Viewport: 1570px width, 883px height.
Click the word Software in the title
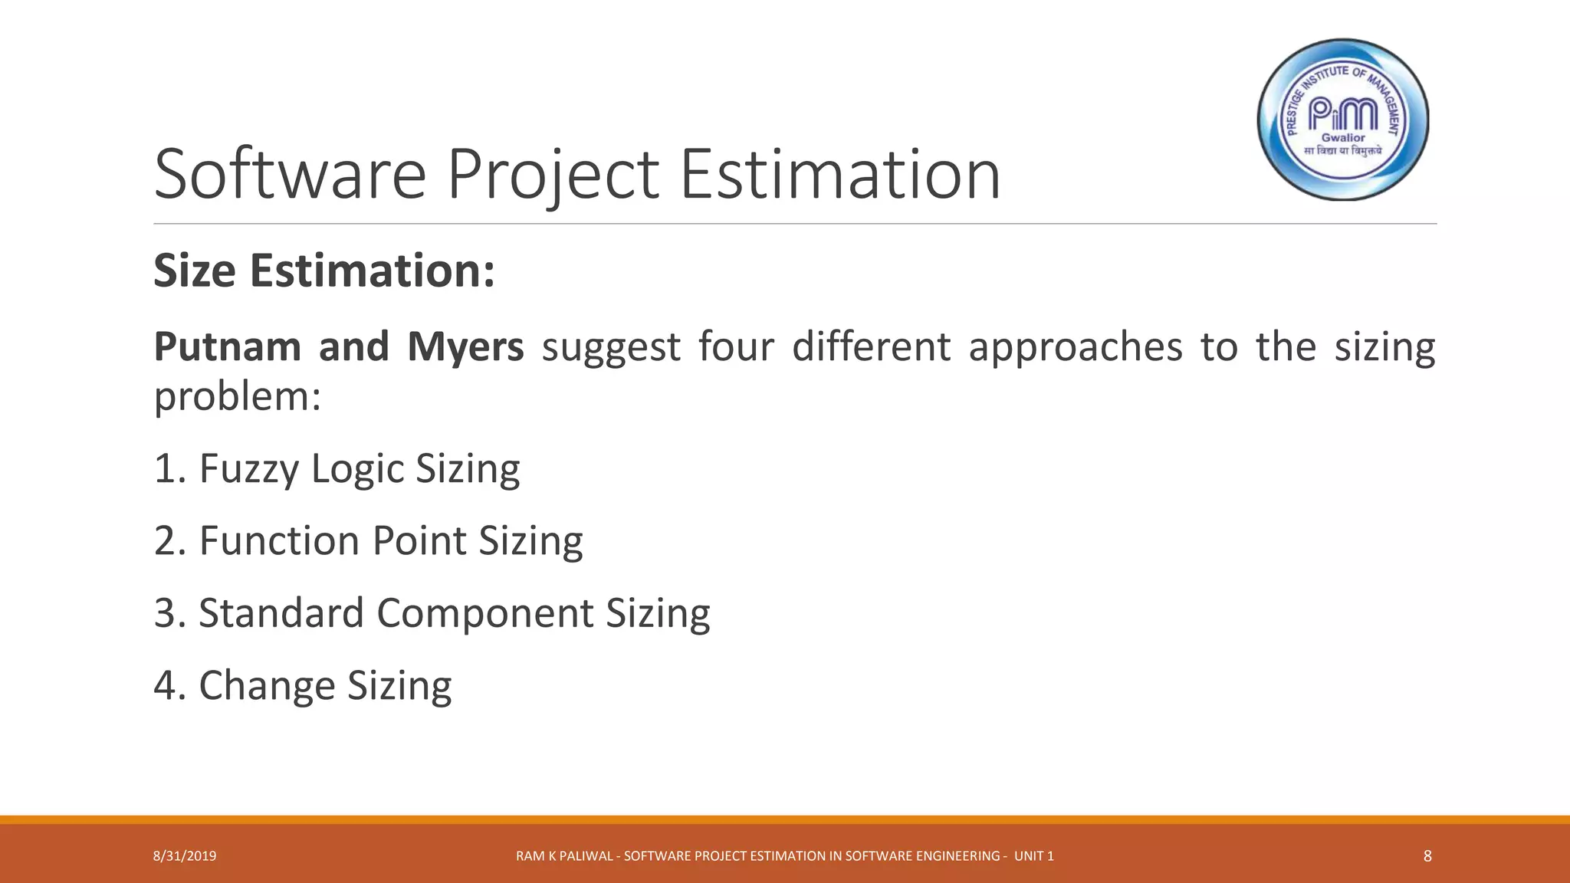pos(290,175)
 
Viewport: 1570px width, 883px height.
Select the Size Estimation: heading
pos(324,271)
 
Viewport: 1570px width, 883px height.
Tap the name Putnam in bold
pos(228,346)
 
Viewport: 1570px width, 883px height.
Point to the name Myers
pos(465,346)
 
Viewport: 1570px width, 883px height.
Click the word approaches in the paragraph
pos(1076,346)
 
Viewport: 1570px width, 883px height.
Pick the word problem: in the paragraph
pos(237,396)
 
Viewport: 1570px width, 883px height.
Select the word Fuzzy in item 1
pos(248,469)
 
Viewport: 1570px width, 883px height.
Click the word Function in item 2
pos(279,540)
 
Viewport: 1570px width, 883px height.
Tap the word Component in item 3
pos(484,613)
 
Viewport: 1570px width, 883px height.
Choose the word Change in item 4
pos(266,685)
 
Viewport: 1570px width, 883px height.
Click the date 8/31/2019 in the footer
pos(185,856)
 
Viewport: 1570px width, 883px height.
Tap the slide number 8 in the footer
pos(1427,856)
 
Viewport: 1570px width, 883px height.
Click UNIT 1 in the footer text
pos(1033,856)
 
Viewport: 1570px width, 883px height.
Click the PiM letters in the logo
pos(1342,114)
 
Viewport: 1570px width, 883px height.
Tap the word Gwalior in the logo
pos(1343,138)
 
